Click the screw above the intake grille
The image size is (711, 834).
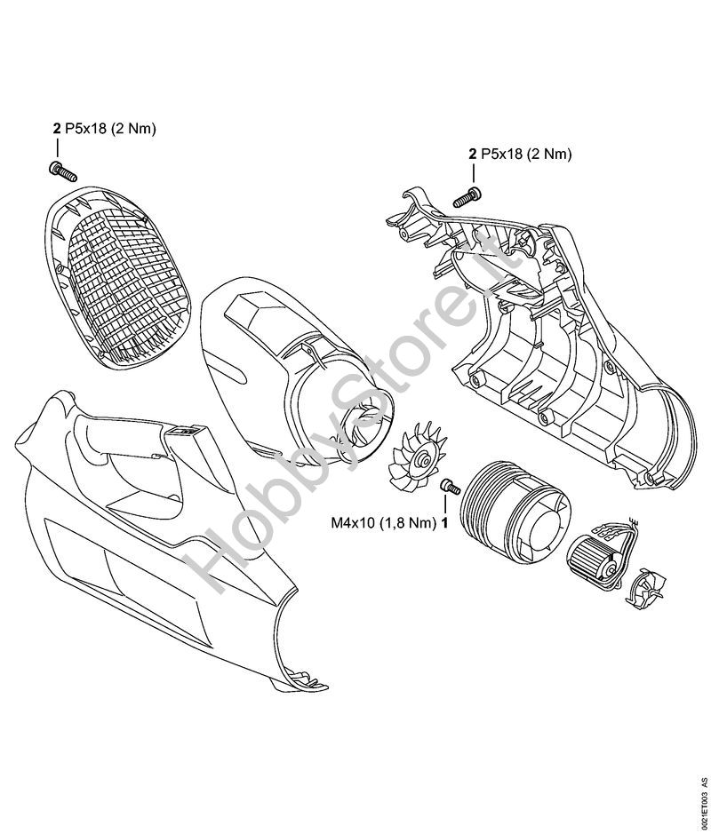click(63, 171)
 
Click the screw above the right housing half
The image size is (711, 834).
click(467, 197)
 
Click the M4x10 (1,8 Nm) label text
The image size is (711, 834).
click(383, 523)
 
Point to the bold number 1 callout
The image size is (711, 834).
click(443, 523)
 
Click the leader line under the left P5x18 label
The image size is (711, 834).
click(58, 147)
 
